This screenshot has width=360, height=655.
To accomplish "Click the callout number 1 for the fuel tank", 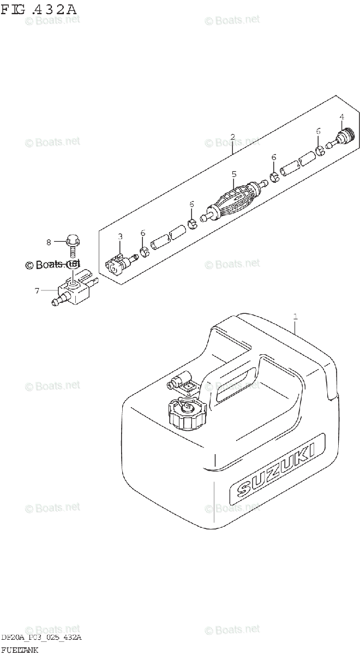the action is pyautogui.click(x=295, y=316).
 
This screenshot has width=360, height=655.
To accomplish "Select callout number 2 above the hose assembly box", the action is pyautogui.click(x=232, y=136).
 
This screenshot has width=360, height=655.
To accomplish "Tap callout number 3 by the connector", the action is pyautogui.click(x=121, y=236).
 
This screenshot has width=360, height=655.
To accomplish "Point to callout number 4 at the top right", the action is pyautogui.click(x=341, y=117).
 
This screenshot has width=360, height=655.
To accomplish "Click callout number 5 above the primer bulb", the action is pyautogui.click(x=233, y=174).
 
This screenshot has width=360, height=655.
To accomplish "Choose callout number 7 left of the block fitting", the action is pyautogui.click(x=37, y=291).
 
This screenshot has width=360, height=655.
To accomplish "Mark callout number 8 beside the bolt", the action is pyautogui.click(x=49, y=241).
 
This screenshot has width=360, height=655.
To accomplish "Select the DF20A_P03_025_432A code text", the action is pyautogui.click(x=41, y=639).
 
